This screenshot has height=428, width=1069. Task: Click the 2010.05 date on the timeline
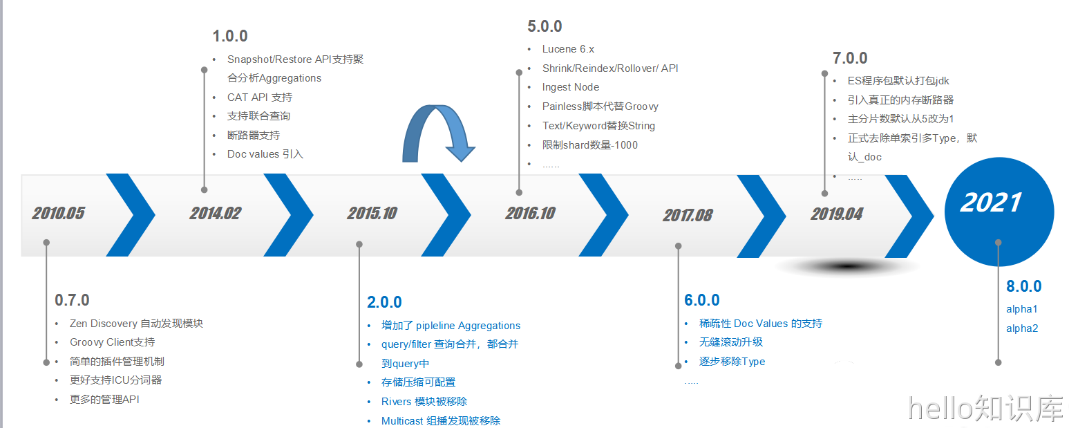coord(58,213)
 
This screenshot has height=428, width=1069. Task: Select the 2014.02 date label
coord(216,213)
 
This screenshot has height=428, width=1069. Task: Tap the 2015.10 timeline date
coord(372,213)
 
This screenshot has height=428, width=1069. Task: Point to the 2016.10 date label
coord(531,213)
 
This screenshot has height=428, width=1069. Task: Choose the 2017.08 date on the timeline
coord(688,216)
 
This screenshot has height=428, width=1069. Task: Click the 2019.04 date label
coord(837,214)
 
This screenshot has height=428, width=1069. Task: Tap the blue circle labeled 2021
coord(999,212)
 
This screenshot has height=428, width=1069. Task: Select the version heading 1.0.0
coord(230,36)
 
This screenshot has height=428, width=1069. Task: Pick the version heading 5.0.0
coord(545,26)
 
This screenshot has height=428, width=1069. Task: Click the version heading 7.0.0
coord(850,58)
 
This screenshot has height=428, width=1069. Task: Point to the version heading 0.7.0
coord(72,300)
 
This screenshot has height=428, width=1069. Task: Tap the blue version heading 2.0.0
coord(384,302)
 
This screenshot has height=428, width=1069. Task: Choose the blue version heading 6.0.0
coord(702,300)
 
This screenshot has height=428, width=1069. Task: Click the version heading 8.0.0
coord(1023,286)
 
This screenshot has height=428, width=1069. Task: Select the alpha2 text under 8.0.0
coord(1022,328)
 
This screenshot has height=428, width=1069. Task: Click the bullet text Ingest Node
coord(570,87)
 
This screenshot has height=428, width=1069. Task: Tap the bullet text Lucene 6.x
coord(568,48)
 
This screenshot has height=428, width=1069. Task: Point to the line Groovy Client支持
coord(112,342)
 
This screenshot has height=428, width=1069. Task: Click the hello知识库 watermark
coord(985,409)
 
